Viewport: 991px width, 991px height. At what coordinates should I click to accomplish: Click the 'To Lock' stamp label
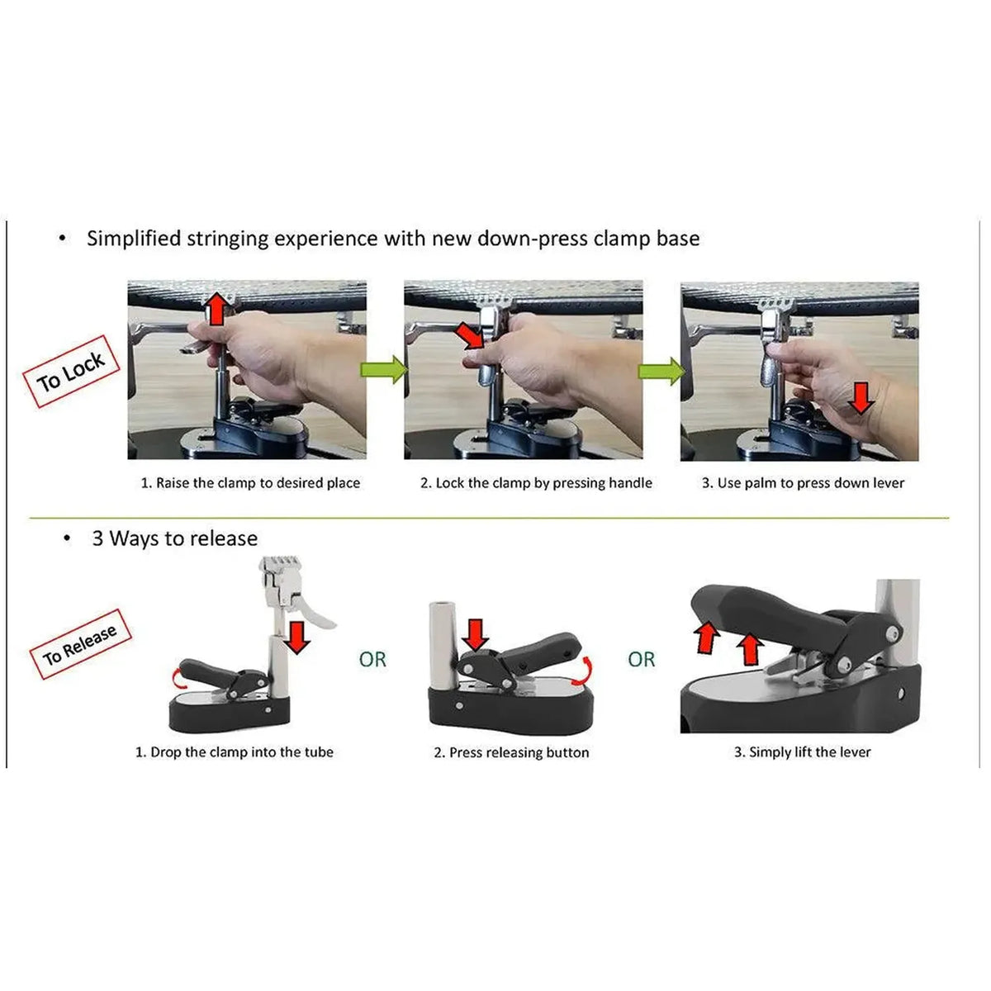point(72,372)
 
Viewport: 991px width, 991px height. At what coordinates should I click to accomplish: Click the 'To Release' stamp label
point(81,644)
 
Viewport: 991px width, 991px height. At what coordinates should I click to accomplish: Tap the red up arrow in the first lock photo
point(217,309)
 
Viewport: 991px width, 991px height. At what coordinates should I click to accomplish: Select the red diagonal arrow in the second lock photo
point(471,336)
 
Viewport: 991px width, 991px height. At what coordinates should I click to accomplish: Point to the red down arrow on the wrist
point(861,398)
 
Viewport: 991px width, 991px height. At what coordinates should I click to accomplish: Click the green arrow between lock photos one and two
point(384,369)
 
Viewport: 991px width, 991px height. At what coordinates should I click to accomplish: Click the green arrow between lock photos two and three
point(661,370)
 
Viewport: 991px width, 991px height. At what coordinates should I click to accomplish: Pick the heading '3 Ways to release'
point(175,538)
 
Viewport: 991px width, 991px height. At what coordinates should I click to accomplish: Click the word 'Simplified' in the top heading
point(134,239)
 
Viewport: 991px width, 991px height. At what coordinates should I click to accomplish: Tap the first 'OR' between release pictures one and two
point(372,659)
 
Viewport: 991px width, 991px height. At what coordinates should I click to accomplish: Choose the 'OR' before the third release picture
point(642,659)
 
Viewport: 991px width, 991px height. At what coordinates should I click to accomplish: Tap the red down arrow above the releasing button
point(475,634)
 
